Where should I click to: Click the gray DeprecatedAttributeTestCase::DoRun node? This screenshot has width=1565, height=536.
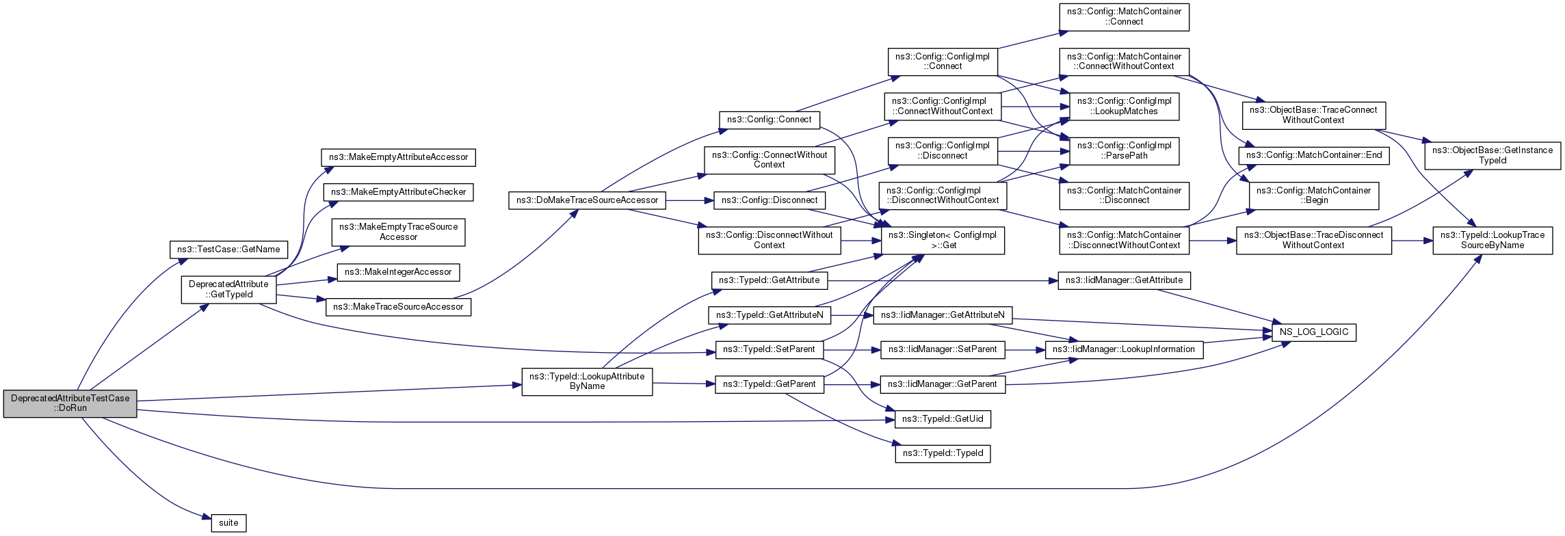click(70, 403)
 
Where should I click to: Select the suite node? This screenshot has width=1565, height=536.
click(228, 523)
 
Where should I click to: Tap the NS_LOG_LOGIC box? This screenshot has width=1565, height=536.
click(1314, 332)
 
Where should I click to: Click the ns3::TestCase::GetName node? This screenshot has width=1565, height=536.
click(228, 250)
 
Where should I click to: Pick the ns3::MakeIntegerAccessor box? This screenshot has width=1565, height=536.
click(398, 272)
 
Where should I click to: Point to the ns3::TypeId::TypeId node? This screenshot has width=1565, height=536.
click(943, 453)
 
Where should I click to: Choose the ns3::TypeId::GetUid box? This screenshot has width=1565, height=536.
click(943, 418)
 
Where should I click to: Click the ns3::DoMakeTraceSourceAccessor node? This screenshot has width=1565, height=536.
click(587, 200)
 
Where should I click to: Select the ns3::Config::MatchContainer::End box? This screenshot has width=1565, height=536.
click(1314, 155)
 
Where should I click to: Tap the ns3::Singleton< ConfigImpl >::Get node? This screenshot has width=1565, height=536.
click(943, 240)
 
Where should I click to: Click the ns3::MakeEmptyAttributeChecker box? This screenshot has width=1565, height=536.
click(398, 192)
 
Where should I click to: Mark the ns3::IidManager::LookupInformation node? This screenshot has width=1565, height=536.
click(1124, 349)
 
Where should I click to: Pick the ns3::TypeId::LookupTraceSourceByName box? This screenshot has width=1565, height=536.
click(1492, 240)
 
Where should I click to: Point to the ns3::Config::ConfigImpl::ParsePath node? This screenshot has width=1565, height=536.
click(1125, 150)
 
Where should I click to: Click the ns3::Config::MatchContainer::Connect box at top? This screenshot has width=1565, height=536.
click(1125, 16)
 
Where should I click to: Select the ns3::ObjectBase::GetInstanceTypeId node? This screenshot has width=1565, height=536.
click(1492, 155)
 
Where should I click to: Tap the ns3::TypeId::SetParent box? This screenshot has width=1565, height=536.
click(769, 349)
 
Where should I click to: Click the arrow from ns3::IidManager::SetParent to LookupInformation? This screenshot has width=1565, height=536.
click(1025, 349)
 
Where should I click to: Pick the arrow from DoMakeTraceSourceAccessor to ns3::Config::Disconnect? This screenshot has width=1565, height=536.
click(689, 200)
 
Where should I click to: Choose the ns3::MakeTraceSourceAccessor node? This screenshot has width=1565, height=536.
click(398, 307)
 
